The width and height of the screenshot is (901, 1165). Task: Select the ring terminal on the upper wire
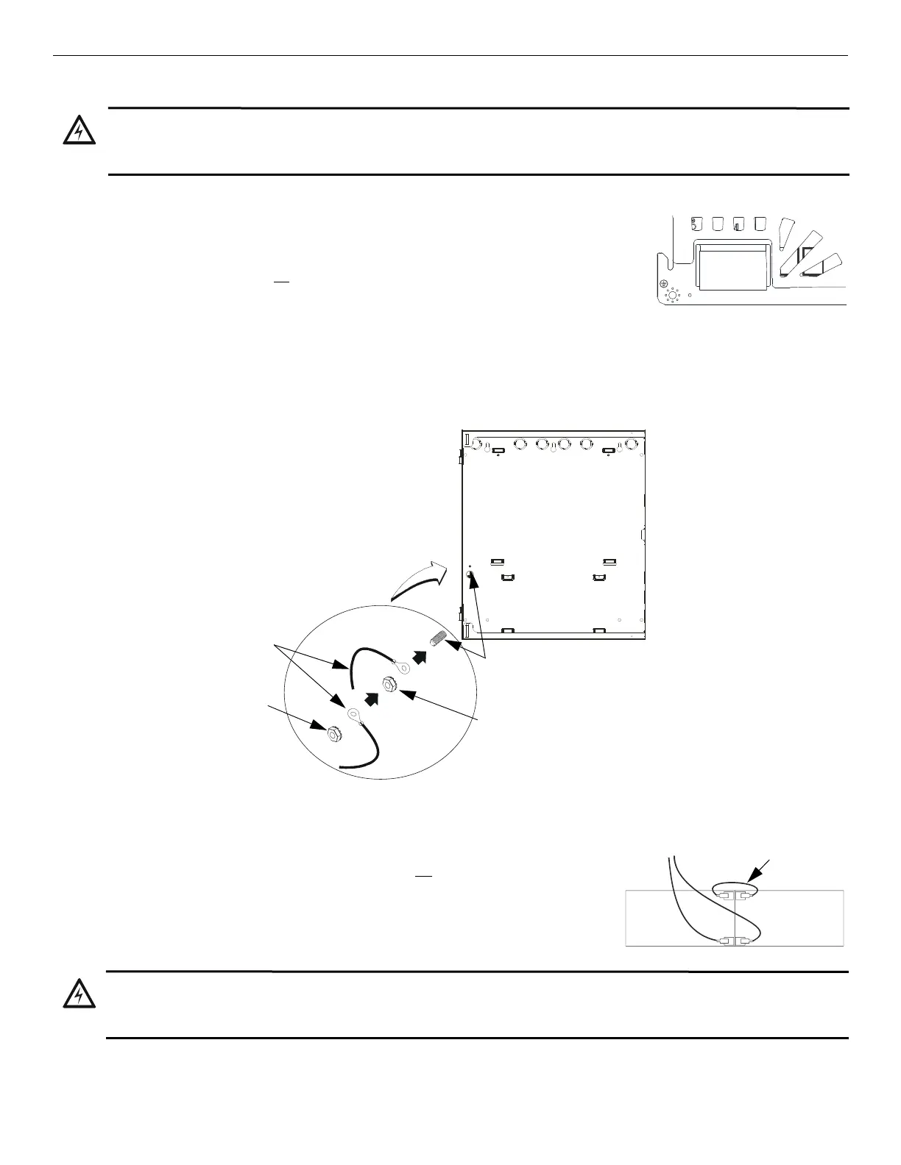404,667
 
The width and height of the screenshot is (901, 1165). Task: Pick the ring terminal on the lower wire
353,713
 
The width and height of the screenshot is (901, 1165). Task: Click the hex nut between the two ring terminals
387,686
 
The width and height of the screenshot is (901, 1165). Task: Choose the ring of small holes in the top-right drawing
672,295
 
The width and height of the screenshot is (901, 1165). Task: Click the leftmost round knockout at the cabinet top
480,444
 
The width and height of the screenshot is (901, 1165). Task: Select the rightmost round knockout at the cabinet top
630,444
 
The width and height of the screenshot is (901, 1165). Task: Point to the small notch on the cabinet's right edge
643,532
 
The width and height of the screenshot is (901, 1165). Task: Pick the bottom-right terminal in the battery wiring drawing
746,941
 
